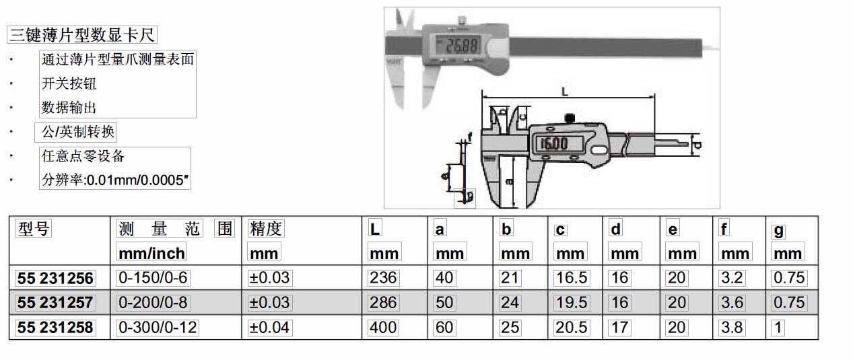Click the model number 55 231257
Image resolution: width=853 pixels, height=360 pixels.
coord(55,303)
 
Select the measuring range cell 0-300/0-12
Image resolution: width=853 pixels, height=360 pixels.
coord(158,328)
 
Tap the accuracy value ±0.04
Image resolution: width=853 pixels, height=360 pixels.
coord(269,328)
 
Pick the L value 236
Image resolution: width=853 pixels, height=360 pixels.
coord(383,278)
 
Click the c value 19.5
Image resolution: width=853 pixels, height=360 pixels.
coord(572,303)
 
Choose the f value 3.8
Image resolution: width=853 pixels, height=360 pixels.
coord(732,328)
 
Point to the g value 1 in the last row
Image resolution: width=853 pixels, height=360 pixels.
coord(778,328)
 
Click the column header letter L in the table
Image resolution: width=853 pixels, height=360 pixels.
coord(375,229)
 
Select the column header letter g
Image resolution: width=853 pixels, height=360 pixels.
coord(779,231)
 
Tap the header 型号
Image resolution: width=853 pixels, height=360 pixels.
coord(34,229)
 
